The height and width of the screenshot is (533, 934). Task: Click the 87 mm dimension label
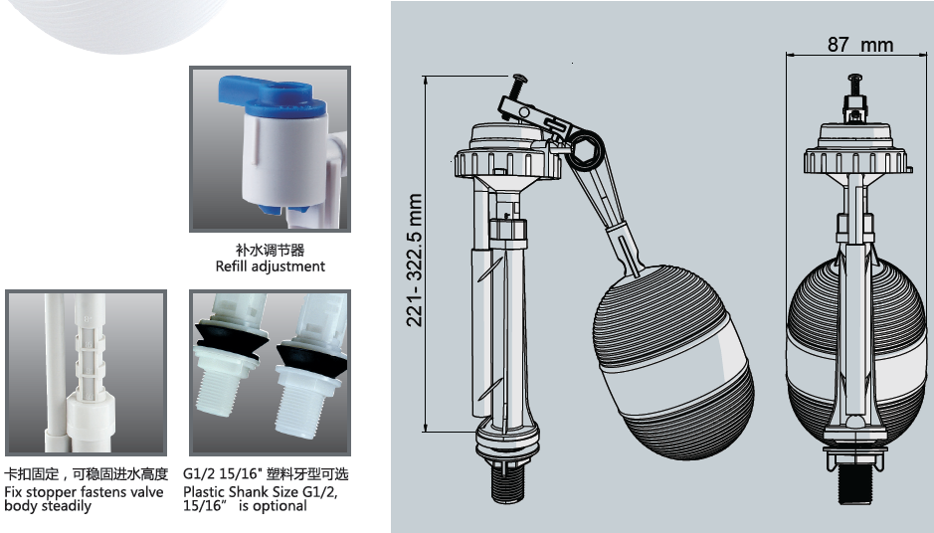(x=860, y=44)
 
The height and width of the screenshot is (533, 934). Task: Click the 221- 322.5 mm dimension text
(x=414, y=260)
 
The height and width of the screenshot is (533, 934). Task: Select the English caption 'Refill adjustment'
(x=271, y=266)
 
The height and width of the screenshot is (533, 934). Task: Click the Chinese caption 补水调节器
(x=270, y=251)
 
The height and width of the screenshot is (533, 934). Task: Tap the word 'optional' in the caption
(x=280, y=506)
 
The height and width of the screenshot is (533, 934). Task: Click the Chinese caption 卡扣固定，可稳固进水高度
(x=87, y=474)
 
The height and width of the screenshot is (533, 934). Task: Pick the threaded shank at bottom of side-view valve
(x=507, y=482)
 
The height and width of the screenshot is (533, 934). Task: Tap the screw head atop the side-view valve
(x=519, y=78)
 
